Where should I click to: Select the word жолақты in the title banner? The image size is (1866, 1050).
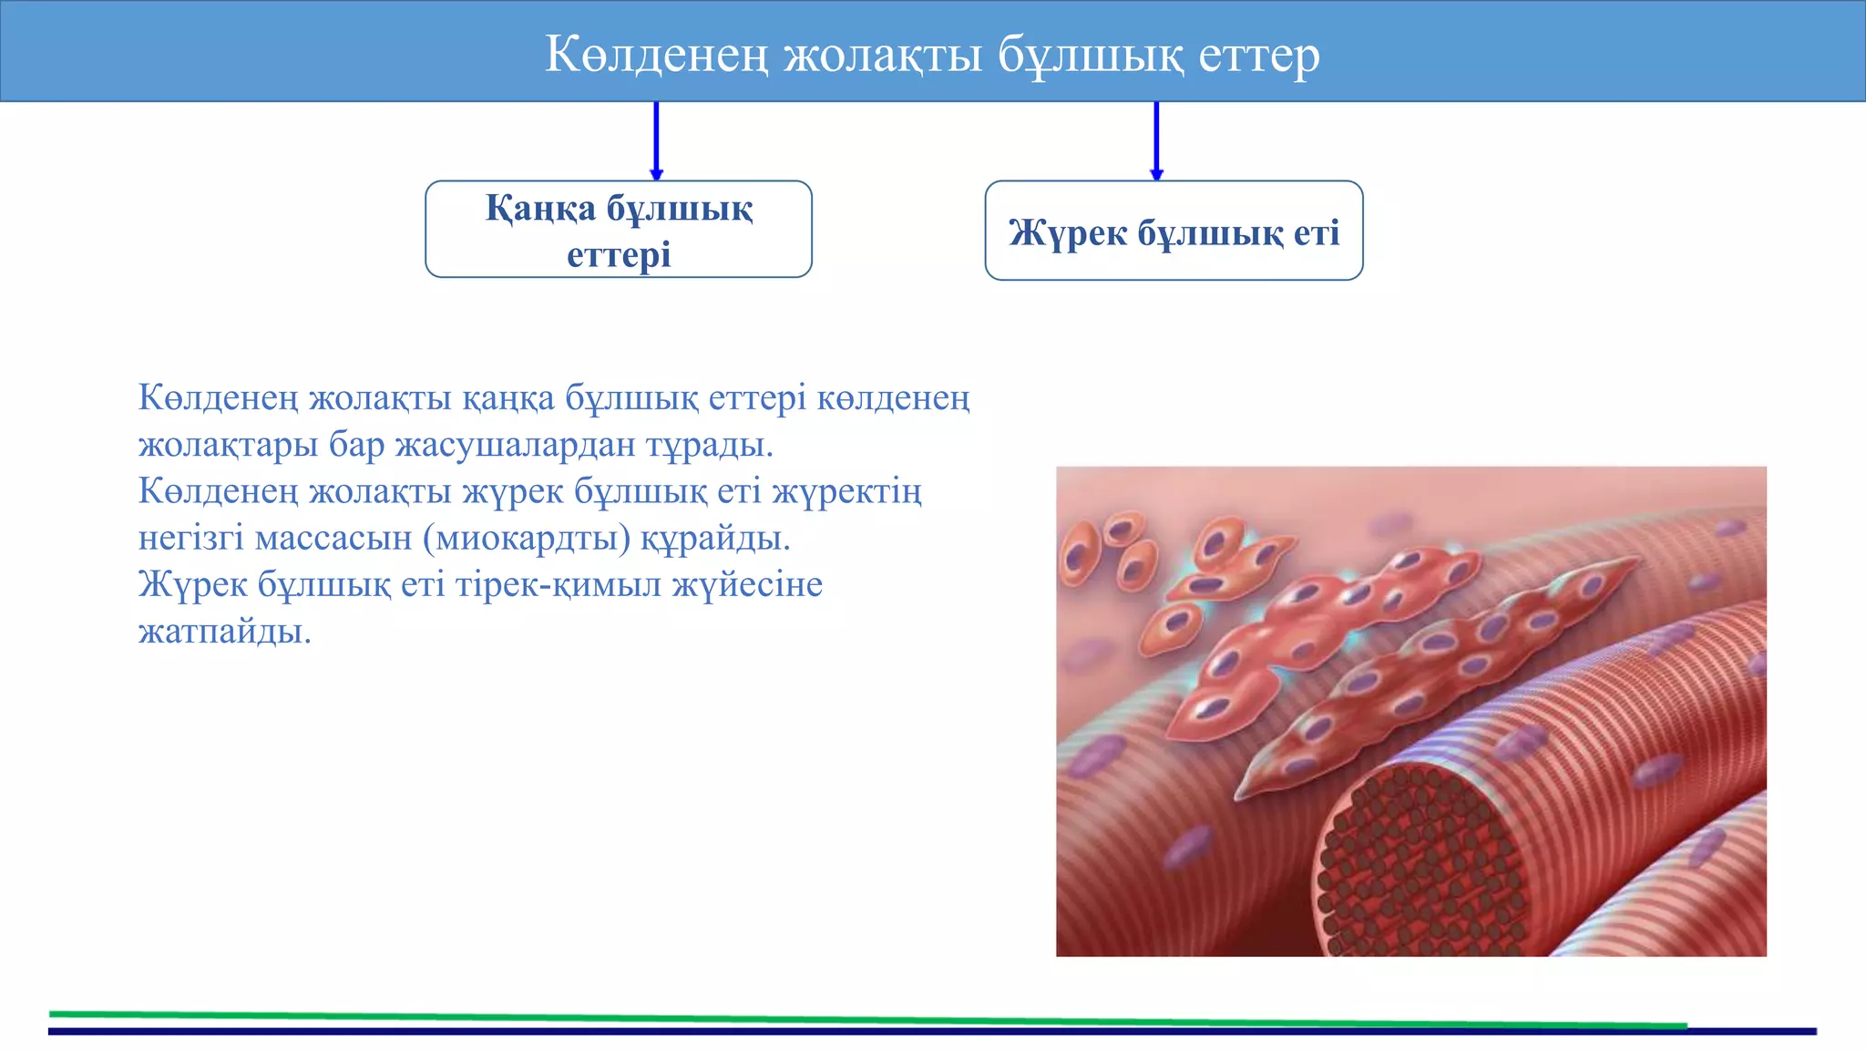(883, 54)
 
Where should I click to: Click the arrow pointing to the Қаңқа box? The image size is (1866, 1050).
(656, 140)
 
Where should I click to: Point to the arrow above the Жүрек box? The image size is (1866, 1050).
(1156, 140)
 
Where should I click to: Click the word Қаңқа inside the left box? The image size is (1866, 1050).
(540, 209)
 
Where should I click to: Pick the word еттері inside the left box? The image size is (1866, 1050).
(619, 254)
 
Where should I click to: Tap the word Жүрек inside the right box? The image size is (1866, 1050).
(1067, 232)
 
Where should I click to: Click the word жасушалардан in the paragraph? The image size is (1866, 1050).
(515, 445)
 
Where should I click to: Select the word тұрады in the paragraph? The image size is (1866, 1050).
(709, 445)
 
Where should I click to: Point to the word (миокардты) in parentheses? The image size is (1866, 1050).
(527, 538)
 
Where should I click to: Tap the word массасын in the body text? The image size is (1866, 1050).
(333, 538)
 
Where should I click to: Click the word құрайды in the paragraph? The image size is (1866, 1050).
(714, 538)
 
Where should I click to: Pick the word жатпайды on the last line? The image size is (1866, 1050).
(224, 631)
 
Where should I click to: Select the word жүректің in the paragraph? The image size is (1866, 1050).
(846, 491)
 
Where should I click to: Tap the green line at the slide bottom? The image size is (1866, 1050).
(866, 1018)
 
